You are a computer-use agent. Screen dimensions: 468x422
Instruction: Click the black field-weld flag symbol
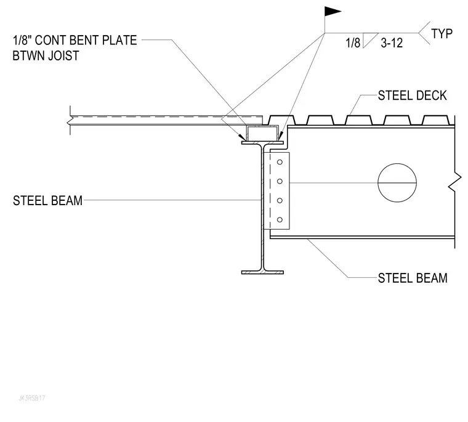(x=332, y=11)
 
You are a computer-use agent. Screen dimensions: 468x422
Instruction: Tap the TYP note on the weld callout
(x=442, y=34)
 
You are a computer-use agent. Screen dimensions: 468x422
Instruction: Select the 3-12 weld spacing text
(x=392, y=43)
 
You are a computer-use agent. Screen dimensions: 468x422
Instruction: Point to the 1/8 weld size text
(x=353, y=43)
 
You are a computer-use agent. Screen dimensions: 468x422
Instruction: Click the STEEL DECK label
(x=412, y=95)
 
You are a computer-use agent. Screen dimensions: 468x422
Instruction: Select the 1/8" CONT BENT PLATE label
(x=75, y=40)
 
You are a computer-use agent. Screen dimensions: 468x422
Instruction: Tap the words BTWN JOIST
(x=46, y=56)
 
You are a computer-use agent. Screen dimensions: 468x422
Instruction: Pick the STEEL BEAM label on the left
(x=47, y=201)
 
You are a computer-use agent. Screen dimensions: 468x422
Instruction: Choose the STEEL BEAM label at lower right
(x=413, y=278)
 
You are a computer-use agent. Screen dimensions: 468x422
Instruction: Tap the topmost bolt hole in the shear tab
(x=280, y=162)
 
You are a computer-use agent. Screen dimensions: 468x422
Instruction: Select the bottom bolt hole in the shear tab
(x=280, y=220)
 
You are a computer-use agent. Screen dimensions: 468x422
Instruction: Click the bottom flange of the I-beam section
(x=262, y=272)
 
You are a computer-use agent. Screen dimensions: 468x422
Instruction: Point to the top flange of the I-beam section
(x=262, y=143)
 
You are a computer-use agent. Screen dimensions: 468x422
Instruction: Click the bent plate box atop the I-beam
(x=262, y=134)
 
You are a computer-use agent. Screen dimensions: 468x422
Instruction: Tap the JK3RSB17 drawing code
(x=32, y=398)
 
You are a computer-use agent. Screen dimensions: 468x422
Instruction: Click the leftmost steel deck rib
(x=281, y=120)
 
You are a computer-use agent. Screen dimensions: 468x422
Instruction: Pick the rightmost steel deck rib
(x=436, y=120)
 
